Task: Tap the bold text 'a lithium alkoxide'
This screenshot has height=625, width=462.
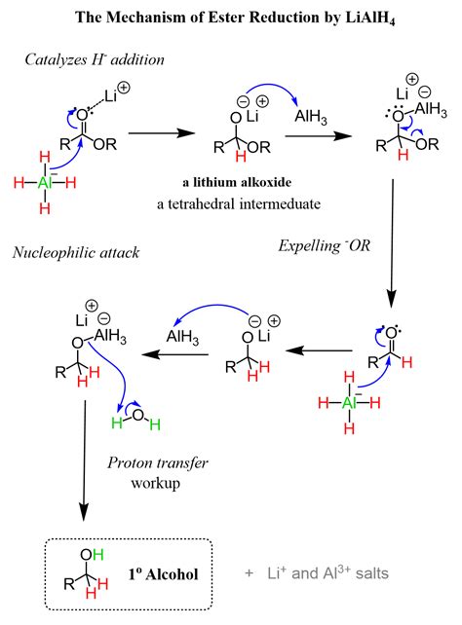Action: pos(237,183)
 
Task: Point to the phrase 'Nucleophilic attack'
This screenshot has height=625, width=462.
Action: pos(76,253)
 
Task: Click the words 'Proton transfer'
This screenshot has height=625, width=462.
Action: pos(158,462)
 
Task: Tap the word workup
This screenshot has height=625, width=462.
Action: pos(156,484)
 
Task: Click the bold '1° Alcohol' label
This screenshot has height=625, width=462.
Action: pos(163,574)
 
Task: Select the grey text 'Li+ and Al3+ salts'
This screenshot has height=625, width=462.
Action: pos(327,572)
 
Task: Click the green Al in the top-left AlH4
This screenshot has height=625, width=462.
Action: pos(46,183)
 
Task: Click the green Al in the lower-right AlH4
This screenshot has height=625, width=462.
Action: pos(350,403)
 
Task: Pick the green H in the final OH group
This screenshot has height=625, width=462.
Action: pos(98,554)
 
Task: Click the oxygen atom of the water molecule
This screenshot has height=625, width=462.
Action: pos(137,415)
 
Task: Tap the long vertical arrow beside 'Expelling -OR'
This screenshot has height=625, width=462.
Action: pos(392,243)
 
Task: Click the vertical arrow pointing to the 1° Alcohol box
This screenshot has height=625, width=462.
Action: pos(84,460)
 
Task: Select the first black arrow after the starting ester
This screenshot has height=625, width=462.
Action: pos(162,133)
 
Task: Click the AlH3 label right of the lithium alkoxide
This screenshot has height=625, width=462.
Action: pos(311,117)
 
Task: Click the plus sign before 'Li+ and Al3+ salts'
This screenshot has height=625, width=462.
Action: pos(249,573)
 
